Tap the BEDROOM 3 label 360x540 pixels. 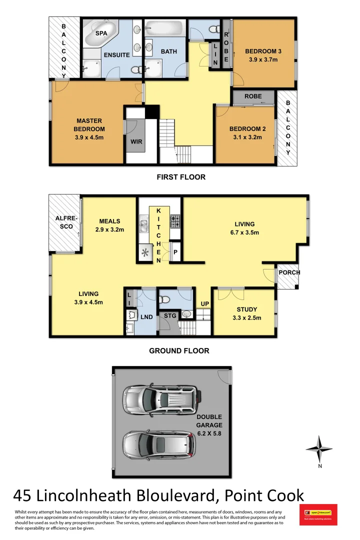click(263, 51)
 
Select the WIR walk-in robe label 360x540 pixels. click(136, 141)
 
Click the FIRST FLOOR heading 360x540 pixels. click(180, 177)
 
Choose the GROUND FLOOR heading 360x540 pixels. click(179, 350)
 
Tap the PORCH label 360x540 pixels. click(289, 272)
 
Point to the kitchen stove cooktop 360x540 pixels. click(175, 220)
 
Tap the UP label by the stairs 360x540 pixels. click(204, 303)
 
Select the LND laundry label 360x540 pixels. click(146, 317)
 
